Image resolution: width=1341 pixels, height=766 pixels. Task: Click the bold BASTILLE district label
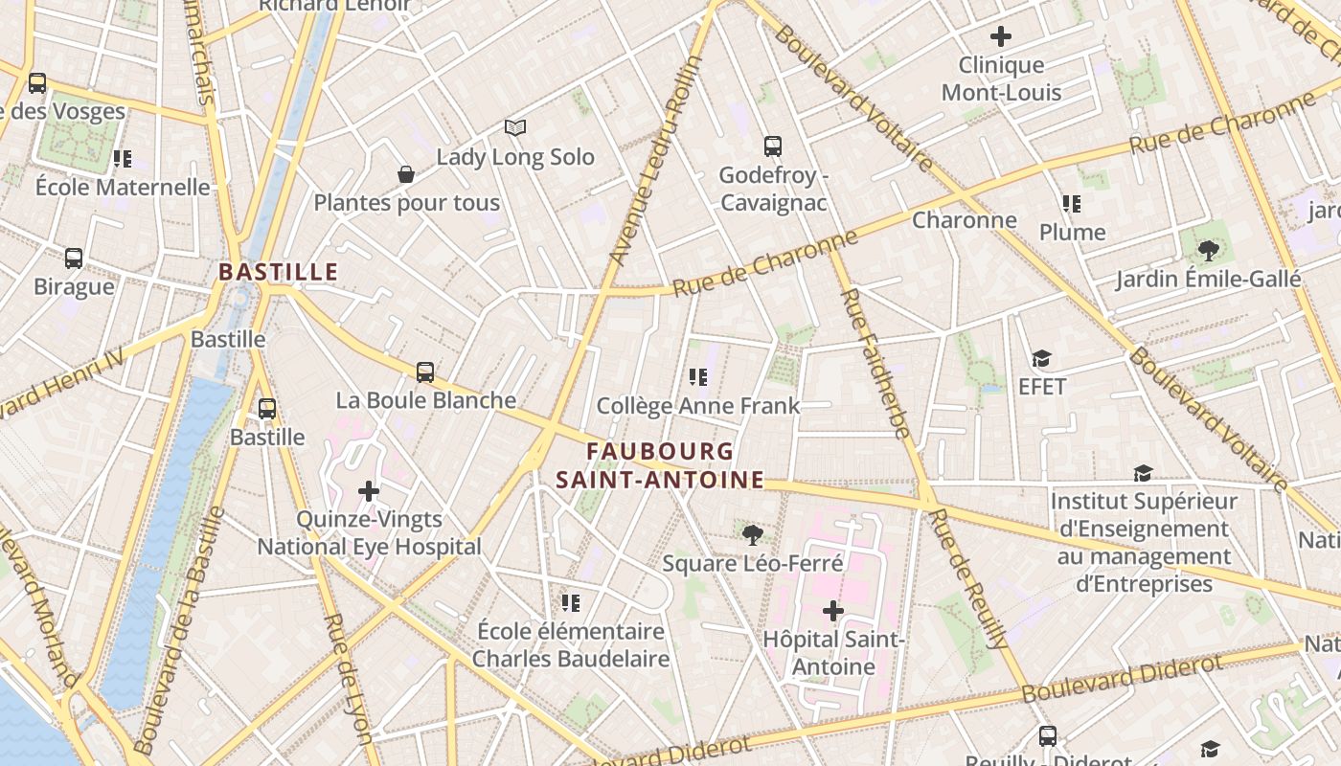(278, 272)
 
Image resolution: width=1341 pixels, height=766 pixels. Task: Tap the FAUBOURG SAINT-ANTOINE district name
(661, 465)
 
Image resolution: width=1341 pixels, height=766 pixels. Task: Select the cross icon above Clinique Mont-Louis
(1001, 37)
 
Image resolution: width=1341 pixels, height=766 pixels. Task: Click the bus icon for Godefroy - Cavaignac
(773, 146)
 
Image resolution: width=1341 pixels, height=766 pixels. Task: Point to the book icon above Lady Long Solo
(515, 127)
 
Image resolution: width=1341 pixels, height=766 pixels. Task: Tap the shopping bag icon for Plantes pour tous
(406, 174)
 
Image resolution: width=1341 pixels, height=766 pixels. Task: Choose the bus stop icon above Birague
(74, 259)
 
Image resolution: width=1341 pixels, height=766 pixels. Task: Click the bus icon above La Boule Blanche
(425, 372)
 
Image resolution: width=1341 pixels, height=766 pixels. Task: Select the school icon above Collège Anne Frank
(698, 377)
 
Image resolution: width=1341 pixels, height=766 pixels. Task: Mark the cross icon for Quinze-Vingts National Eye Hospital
(369, 491)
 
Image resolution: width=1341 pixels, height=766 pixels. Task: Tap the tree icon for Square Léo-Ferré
(753, 535)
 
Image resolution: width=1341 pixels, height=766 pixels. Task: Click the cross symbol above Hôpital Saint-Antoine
(833, 610)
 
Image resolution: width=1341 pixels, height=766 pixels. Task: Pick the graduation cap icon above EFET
(1041, 359)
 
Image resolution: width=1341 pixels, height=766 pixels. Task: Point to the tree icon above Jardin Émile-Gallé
(1208, 251)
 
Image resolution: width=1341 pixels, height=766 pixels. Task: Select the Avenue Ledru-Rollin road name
(657, 161)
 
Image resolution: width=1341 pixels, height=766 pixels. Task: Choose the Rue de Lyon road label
(348, 678)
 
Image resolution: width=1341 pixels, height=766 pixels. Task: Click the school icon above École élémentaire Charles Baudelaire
(571, 602)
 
